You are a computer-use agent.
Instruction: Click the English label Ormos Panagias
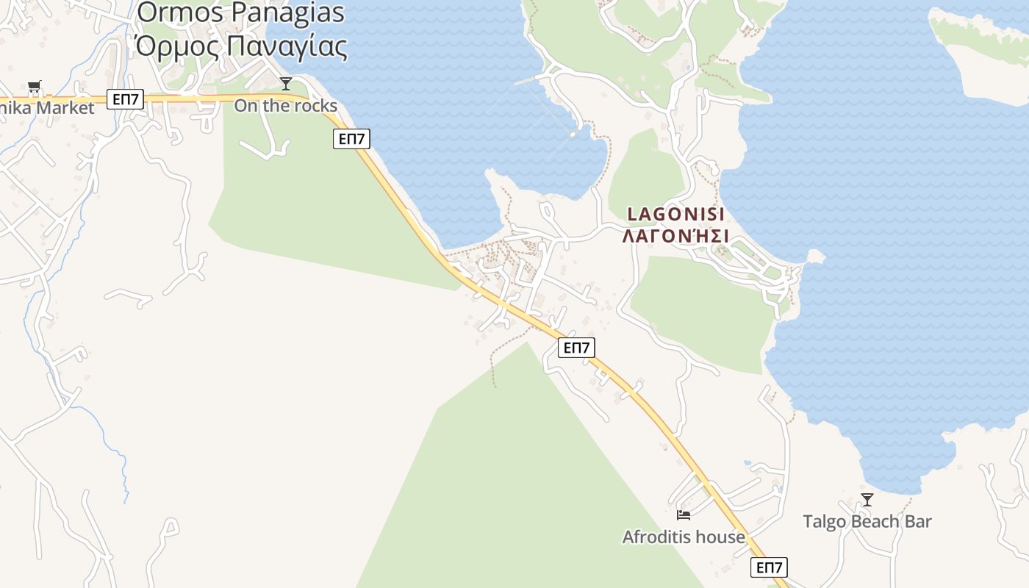240,12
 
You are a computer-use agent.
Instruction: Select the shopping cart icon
35,87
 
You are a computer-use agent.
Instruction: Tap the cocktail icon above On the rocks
286,84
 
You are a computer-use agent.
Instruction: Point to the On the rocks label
285,105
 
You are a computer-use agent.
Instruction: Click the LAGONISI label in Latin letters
675,214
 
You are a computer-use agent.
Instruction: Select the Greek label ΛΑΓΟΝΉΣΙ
675,236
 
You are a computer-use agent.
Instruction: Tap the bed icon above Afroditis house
684,515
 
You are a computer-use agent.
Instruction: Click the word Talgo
824,522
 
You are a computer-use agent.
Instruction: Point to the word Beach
874,522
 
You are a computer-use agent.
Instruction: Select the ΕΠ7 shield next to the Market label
125,99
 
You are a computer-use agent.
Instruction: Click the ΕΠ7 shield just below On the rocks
351,138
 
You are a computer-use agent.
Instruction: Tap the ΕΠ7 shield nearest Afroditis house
769,567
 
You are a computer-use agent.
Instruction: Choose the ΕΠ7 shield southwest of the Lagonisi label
576,348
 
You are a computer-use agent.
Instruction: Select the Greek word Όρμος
177,46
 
